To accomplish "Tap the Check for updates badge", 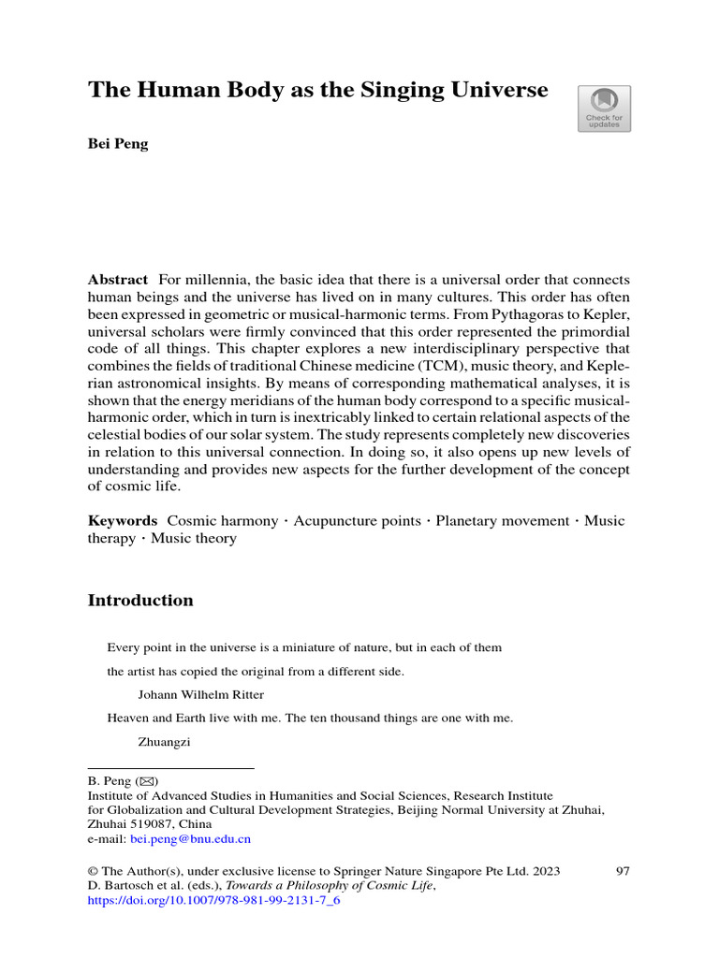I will [x=604, y=109].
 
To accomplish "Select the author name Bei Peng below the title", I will [x=118, y=145].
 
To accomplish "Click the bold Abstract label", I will [x=118, y=281].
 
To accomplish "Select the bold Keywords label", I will [x=123, y=520].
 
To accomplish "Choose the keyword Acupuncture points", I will [x=357, y=520].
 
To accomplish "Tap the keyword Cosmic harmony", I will [x=222, y=520].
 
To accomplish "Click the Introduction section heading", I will [x=140, y=601].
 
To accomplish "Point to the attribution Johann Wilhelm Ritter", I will [x=200, y=695].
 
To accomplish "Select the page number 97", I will [x=623, y=871].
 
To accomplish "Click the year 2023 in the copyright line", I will [x=545, y=871].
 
